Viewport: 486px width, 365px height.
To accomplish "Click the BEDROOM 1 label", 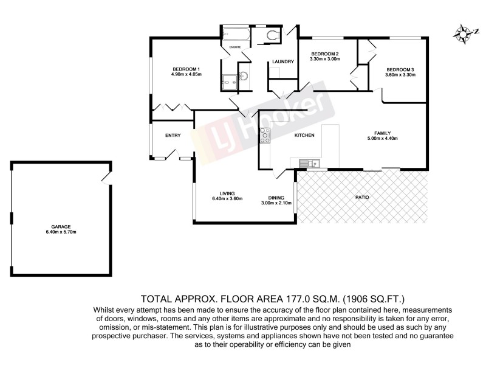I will coord(185,69).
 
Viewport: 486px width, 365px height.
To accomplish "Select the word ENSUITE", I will coord(235,47).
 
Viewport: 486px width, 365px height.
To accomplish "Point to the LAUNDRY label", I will coord(283,61).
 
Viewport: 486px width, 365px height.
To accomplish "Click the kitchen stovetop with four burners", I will coord(265,136).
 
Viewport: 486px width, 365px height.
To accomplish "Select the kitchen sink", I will coord(311,163).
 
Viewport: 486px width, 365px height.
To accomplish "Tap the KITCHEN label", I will coord(304,135).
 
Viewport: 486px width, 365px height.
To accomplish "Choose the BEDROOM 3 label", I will coord(400,69).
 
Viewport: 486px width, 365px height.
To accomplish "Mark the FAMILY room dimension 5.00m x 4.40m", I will coord(382,138).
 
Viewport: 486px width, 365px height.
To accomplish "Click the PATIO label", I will coord(362,198).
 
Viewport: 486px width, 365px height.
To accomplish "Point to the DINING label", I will coord(276,197).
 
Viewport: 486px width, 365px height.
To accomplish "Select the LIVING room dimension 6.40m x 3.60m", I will coord(227,199).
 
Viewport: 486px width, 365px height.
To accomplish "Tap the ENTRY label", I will coord(173,135).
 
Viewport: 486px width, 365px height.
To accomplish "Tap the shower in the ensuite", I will coord(230,80).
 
